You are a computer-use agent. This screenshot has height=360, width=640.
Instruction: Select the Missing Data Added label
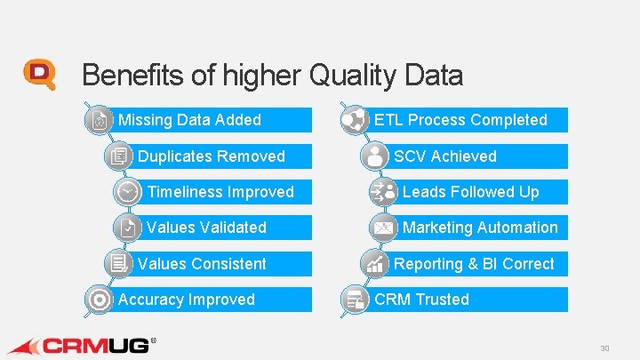click(x=189, y=120)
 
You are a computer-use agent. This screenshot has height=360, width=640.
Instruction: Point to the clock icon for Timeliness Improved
click(x=127, y=192)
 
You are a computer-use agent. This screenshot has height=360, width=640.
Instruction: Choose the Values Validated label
click(x=206, y=228)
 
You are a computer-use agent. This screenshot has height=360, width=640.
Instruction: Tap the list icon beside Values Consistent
click(x=117, y=264)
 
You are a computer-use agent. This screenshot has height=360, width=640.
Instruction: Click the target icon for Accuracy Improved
click(x=99, y=300)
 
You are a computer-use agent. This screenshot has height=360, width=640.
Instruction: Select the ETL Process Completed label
click(x=460, y=120)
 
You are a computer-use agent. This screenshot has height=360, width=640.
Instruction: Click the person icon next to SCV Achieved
click(x=375, y=156)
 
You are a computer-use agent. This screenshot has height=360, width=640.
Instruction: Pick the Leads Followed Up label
click(x=470, y=192)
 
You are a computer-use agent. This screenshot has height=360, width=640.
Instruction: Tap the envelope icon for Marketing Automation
click(x=384, y=228)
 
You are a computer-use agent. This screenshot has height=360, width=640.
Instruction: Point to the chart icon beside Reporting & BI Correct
click(x=375, y=264)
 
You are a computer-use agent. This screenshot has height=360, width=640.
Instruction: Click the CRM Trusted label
click(x=421, y=300)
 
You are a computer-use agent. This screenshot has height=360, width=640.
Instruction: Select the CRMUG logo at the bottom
click(x=80, y=344)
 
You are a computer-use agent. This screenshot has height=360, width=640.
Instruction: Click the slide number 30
click(x=604, y=348)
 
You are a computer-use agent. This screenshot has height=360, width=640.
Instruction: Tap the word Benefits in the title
click(x=132, y=76)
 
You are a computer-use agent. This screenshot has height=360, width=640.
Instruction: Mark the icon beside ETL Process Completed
click(x=355, y=120)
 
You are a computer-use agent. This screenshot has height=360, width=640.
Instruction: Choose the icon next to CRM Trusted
click(x=355, y=300)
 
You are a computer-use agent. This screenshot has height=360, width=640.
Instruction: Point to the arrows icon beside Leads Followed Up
click(x=384, y=192)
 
